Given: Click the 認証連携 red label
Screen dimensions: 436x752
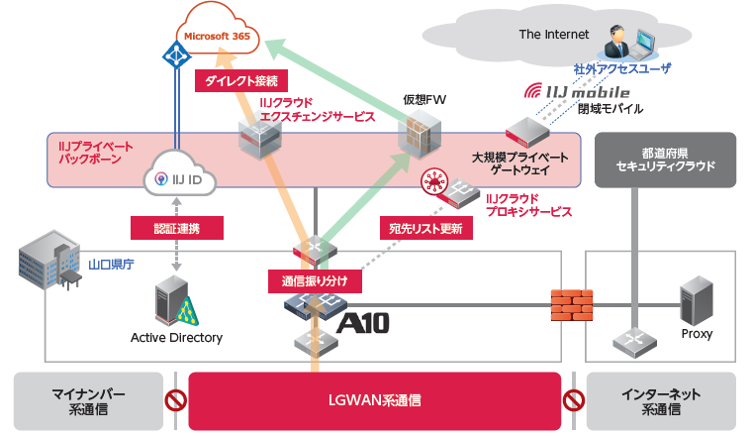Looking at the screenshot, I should coord(177,227).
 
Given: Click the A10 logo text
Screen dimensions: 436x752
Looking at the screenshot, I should coord(362,322).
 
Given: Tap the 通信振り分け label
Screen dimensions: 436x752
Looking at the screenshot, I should coord(315,280).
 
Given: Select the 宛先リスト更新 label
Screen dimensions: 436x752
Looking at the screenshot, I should coord(424,228).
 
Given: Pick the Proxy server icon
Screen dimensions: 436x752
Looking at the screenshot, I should coord(697,301).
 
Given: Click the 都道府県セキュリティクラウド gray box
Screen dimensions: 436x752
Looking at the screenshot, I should coord(664,162).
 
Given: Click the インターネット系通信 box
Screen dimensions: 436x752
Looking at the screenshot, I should coord(662,400).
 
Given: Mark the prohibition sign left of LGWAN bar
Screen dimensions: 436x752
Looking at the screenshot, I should coord(176,401).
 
